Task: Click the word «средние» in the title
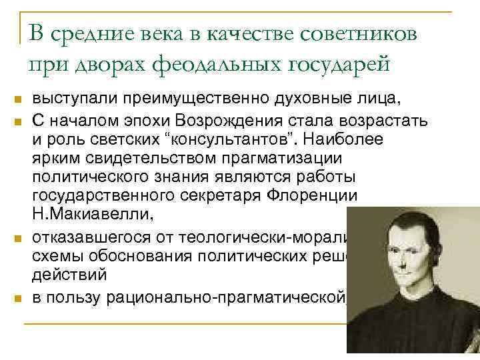(92, 34)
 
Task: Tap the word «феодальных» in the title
(205, 63)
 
